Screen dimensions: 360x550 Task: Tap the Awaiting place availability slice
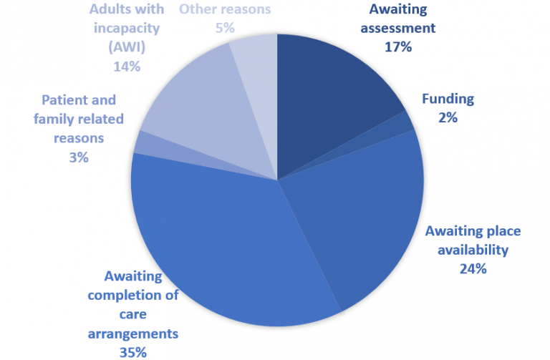point(358,222)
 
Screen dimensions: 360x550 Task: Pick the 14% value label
point(126,66)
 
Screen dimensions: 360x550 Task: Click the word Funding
point(448,99)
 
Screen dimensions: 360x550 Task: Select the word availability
point(473,250)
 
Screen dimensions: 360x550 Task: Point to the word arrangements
point(132,333)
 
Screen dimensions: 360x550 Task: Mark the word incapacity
point(126,28)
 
